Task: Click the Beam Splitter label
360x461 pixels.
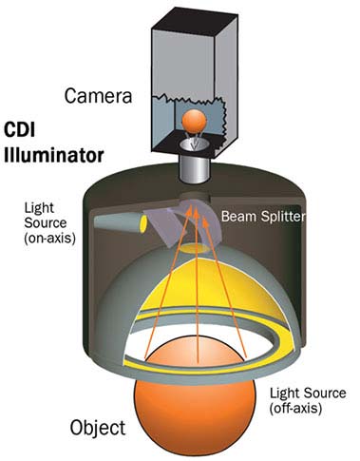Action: pyautogui.click(x=259, y=216)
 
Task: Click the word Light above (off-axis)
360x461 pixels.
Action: pyautogui.click(x=289, y=392)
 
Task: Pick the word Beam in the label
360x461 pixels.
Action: pyautogui.click(x=237, y=216)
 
